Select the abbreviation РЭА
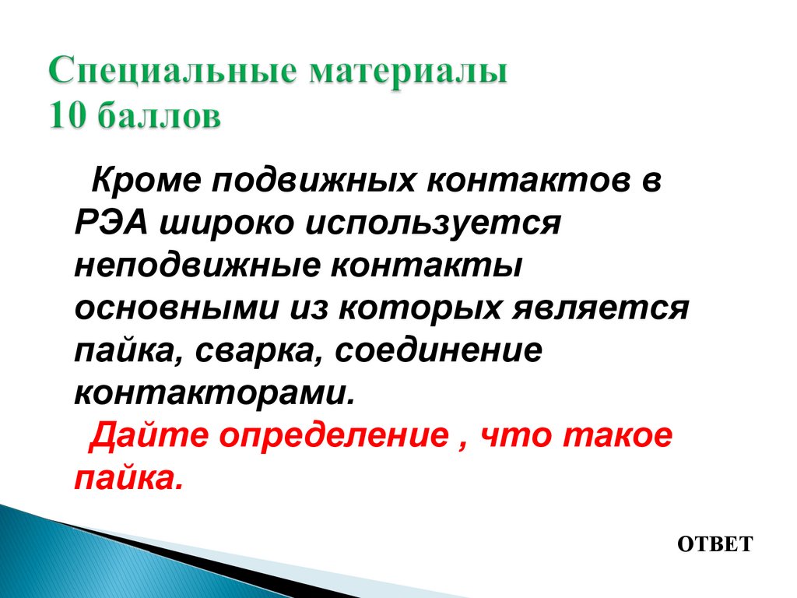pyautogui.click(x=111, y=224)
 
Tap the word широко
pyautogui.click(x=222, y=224)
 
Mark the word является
pyautogui.click(x=599, y=308)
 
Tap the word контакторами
pyautogui.click(x=214, y=392)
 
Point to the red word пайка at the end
pyautogui.click(x=127, y=477)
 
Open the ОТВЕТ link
pyautogui.click(x=714, y=543)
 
